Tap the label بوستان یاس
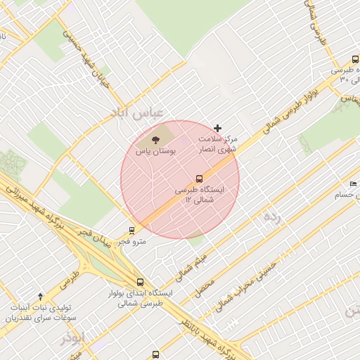(x=155, y=151)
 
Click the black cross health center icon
(x=217, y=128)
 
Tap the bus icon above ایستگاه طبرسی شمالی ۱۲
(x=199, y=179)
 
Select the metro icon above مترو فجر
(x=131, y=230)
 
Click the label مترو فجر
(x=132, y=242)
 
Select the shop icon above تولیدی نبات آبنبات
(x=40, y=296)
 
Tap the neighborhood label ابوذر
(x=72, y=338)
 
